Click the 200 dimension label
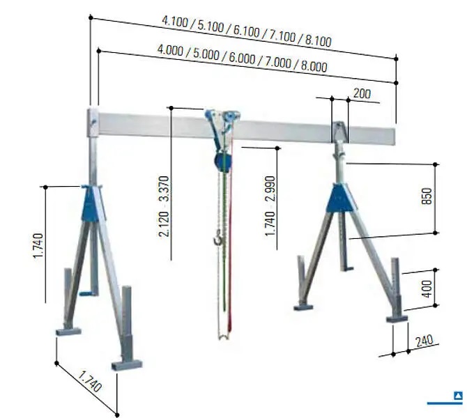(x=362, y=94)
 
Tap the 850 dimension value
(x=427, y=196)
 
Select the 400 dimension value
(x=427, y=289)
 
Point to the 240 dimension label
(x=424, y=341)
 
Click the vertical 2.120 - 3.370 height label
(x=164, y=206)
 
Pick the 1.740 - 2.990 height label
(x=270, y=206)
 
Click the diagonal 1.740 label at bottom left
(x=90, y=382)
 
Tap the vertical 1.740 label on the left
(x=38, y=246)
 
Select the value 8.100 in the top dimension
(x=318, y=41)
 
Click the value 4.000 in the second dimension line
(x=170, y=49)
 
